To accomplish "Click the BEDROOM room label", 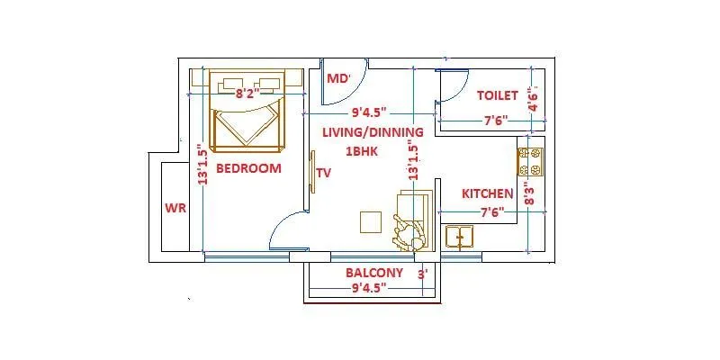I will [249, 168].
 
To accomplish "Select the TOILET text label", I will [497, 94].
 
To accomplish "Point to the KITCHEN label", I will [487, 193].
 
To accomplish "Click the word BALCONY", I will [373, 273].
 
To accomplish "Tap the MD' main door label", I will [338, 79].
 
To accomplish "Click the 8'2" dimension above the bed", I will [248, 92].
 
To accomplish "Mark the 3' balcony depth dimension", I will [422, 273].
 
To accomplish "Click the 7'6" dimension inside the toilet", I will [496, 120].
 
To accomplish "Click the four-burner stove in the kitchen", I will [530, 162].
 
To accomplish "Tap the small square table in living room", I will [371, 221].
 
